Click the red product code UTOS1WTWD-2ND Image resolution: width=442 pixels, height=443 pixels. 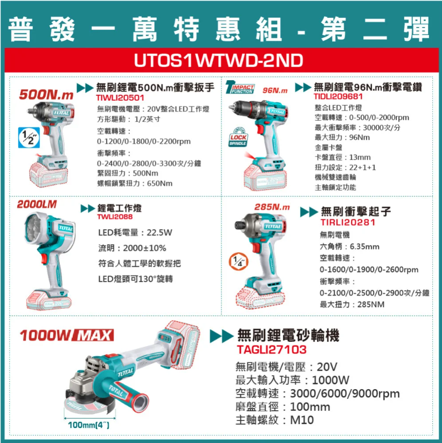click(218, 60)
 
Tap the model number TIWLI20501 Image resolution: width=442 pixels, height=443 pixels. click(120, 98)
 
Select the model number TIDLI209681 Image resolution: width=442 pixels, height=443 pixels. click(338, 96)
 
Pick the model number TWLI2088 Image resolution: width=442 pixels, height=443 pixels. click(115, 217)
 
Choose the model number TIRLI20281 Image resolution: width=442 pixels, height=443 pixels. click(348, 223)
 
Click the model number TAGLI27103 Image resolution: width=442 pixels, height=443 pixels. click(272, 349)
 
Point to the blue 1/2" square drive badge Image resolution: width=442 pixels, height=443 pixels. click(29, 137)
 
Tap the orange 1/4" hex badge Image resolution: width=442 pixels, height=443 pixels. click(239, 261)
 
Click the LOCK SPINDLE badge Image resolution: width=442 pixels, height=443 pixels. click(238, 137)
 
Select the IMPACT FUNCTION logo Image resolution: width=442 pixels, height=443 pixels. click(240, 87)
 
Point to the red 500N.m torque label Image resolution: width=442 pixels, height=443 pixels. click(46, 95)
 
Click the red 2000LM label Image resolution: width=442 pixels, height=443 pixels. click(37, 204)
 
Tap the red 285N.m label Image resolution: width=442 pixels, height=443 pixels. click(272, 207)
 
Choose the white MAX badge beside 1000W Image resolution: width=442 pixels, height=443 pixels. click(93, 335)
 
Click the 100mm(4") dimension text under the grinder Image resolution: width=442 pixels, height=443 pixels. click(89, 425)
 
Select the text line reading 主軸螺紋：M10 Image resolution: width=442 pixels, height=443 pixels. click(275, 420)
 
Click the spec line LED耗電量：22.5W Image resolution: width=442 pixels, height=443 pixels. click(135, 233)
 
